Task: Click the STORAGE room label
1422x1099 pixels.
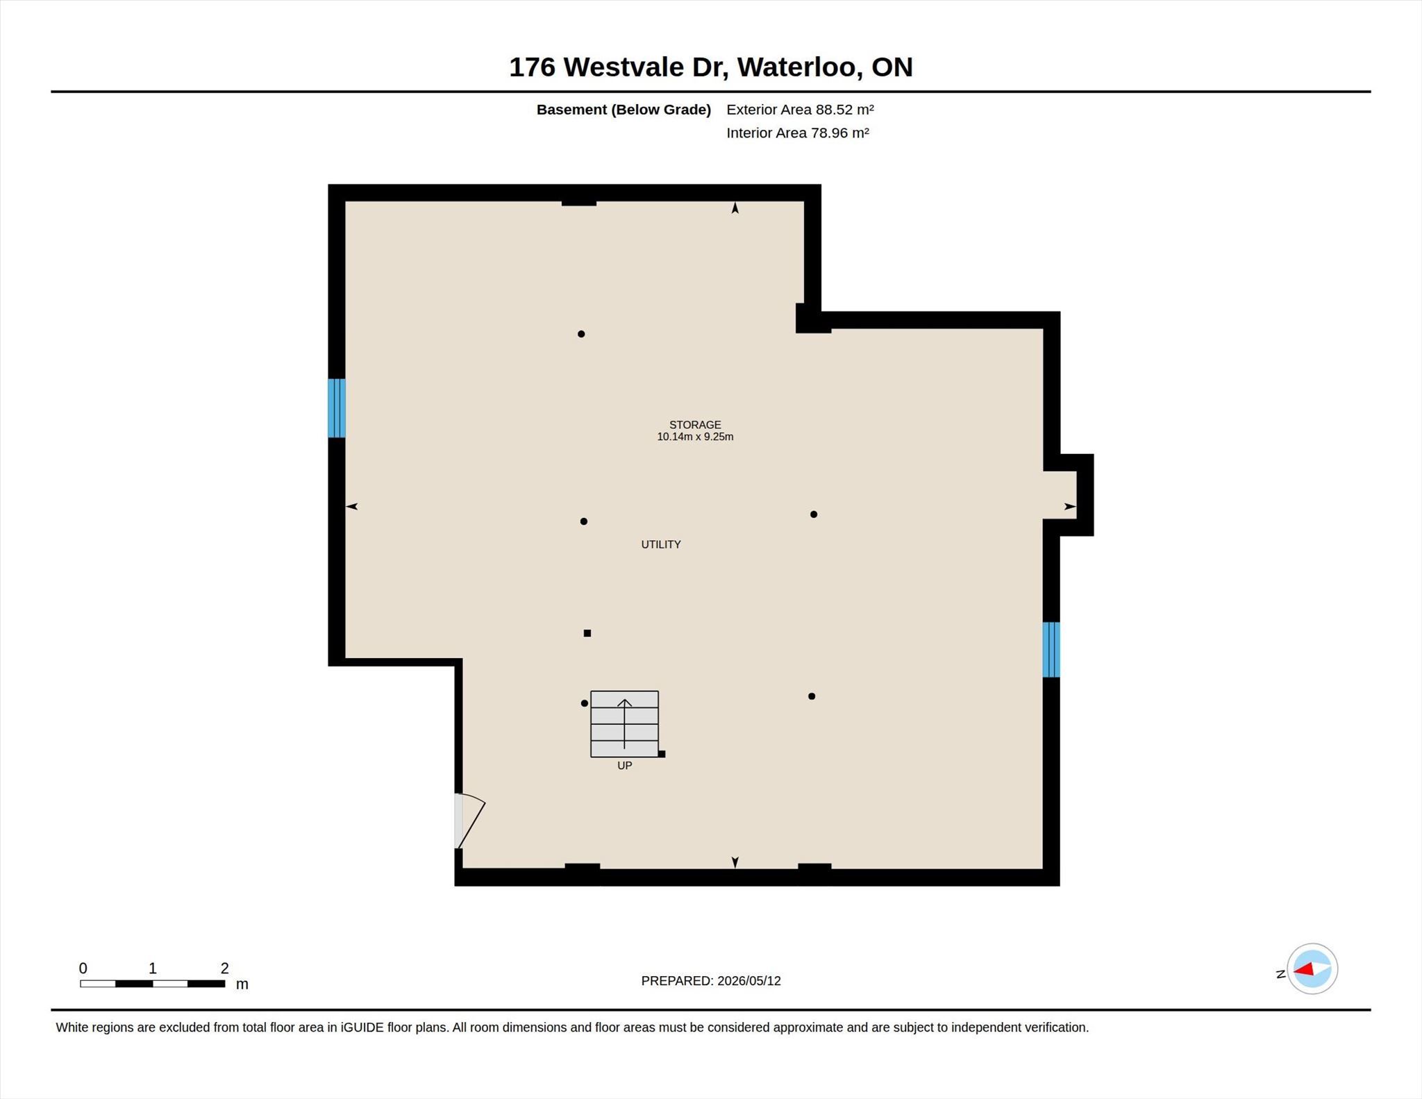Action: click(x=695, y=425)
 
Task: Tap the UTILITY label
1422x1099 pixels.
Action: click(x=661, y=544)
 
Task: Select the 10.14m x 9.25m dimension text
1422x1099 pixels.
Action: click(x=695, y=437)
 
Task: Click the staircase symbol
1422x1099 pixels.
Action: click(x=624, y=724)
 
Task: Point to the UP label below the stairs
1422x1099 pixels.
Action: click(x=624, y=766)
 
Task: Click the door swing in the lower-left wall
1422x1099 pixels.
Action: click(x=469, y=821)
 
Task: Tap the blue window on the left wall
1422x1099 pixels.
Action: click(x=337, y=408)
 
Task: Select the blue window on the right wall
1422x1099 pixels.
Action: click(x=1051, y=649)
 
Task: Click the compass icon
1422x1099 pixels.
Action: click(x=1312, y=969)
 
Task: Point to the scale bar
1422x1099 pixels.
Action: click(x=152, y=984)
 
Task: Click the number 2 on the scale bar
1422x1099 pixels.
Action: click(x=224, y=968)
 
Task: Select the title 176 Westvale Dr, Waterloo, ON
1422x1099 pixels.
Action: click(x=710, y=67)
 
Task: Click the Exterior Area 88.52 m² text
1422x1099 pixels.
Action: click(x=800, y=109)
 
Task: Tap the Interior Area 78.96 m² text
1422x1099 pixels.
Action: click(x=798, y=133)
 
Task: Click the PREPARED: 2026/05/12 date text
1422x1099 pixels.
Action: click(x=711, y=981)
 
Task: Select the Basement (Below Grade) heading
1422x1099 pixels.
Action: click(x=624, y=110)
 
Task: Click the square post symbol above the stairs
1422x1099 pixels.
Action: click(x=587, y=633)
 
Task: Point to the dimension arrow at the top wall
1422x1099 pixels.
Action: click(x=735, y=208)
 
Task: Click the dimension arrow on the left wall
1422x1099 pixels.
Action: click(x=352, y=507)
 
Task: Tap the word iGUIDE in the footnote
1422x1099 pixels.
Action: click(x=362, y=1027)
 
